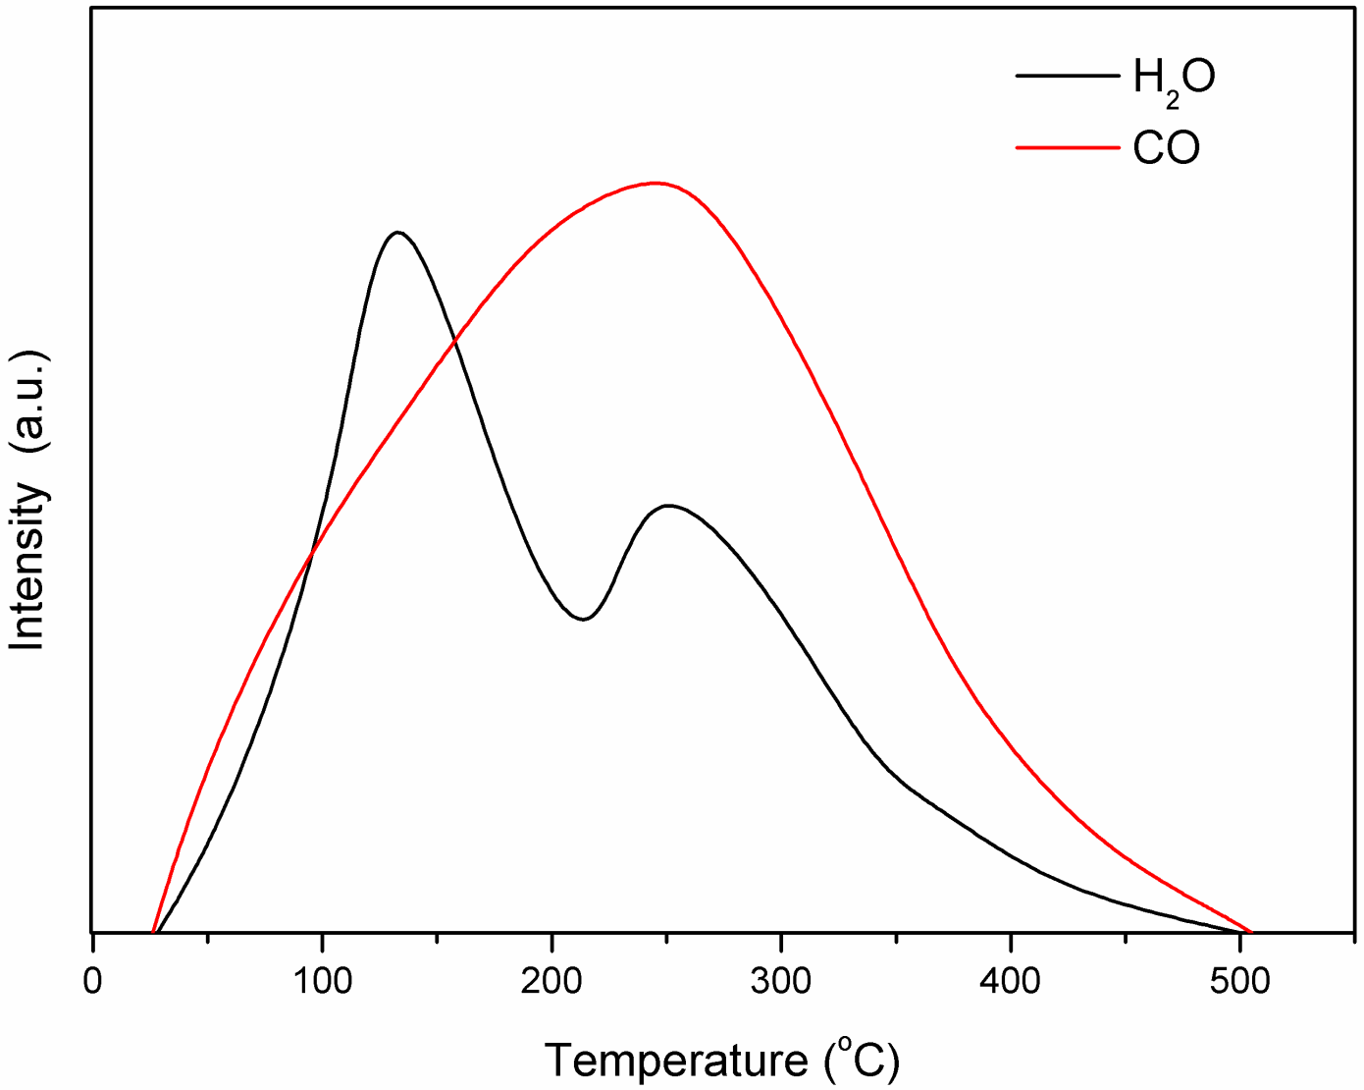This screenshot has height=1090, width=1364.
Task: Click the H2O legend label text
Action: [1174, 79]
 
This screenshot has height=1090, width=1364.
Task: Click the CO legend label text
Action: [1167, 148]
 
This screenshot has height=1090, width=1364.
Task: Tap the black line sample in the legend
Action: [1067, 76]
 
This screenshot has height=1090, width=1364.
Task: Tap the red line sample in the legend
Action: [1067, 147]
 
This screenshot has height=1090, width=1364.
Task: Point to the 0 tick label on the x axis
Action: [92, 981]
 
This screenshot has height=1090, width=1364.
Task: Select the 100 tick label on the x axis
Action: [322, 981]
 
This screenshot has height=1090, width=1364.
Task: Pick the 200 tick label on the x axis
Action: [551, 981]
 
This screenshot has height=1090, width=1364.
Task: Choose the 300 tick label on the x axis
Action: [781, 981]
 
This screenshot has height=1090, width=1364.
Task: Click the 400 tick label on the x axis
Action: [1011, 981]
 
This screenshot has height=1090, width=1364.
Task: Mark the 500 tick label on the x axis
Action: [1240, 981]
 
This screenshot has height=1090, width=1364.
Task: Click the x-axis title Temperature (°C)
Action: [722, 1061]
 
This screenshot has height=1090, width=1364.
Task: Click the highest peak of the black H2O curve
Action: [397, 233]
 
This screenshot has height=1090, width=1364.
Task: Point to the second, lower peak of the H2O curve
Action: [668, 506]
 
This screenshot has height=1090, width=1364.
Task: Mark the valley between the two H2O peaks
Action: [583, 619]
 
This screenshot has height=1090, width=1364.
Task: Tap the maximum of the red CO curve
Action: [654, 183]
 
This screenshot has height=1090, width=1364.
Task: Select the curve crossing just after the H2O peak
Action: [454, 340]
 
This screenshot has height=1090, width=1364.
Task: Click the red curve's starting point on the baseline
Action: [153, 931]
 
